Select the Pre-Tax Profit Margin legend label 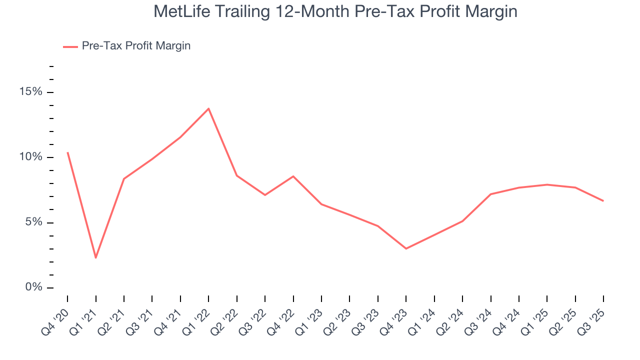[x=136, y=46]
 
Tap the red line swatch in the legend [x=70, y=46]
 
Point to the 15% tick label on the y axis [x=31, y=92]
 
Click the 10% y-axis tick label [x=31, y=157]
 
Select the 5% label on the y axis [x=34, y=222]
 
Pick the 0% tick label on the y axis [x=34, y=287]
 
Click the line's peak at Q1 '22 [x=208, y=108]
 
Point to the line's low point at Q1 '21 [x=95, y=257]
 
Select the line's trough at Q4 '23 [x=406, y=248]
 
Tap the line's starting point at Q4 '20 [x=67, y=152]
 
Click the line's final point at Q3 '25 [x=603, y=200]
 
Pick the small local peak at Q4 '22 [x=293, y=176]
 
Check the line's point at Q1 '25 [x=547, y=184]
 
